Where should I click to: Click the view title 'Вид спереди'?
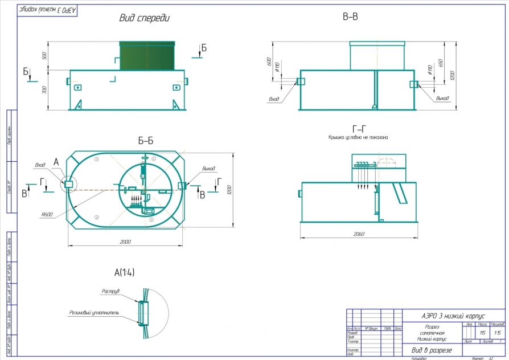pyautogui.click(x=145, y=18)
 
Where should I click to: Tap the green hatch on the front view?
pyautogui.click(x=147, y=56)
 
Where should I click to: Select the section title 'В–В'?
pyautogui.click(x=350, y=18)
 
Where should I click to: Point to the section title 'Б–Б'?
pyautogui.click(x=145, y=141)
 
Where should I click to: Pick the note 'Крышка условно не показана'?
pyautogui.click(x=359, y=138)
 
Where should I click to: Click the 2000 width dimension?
pyautogui.click(x=125, y=242)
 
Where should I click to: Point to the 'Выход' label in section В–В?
pyautogui.click(x=442, y=98)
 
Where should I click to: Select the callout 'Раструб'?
pyautogui.click(x=110, y=291)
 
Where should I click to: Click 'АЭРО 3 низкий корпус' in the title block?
pyautogui.click(x=453, y=316)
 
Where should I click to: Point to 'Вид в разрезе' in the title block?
pyautogui.click(x=432, y=349)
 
